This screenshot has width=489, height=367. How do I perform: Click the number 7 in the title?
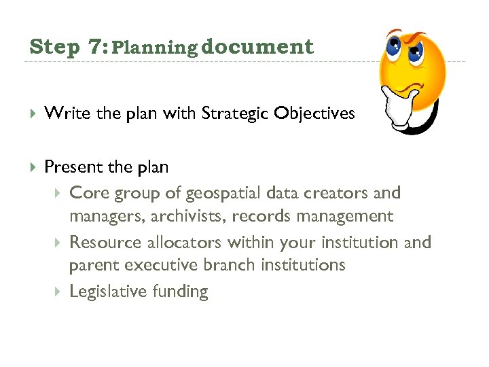point(94,48)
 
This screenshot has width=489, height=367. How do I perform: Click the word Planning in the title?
point(153,48)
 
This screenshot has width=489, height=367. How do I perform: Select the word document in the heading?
point(257,47)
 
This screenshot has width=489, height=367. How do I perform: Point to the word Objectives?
point(314,113)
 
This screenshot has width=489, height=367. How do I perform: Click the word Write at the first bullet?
point(68,113)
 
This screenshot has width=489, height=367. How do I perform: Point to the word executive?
point(158,265)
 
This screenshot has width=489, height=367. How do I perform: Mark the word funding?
point(182,292)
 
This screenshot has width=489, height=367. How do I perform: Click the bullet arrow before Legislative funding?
point(57,292)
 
